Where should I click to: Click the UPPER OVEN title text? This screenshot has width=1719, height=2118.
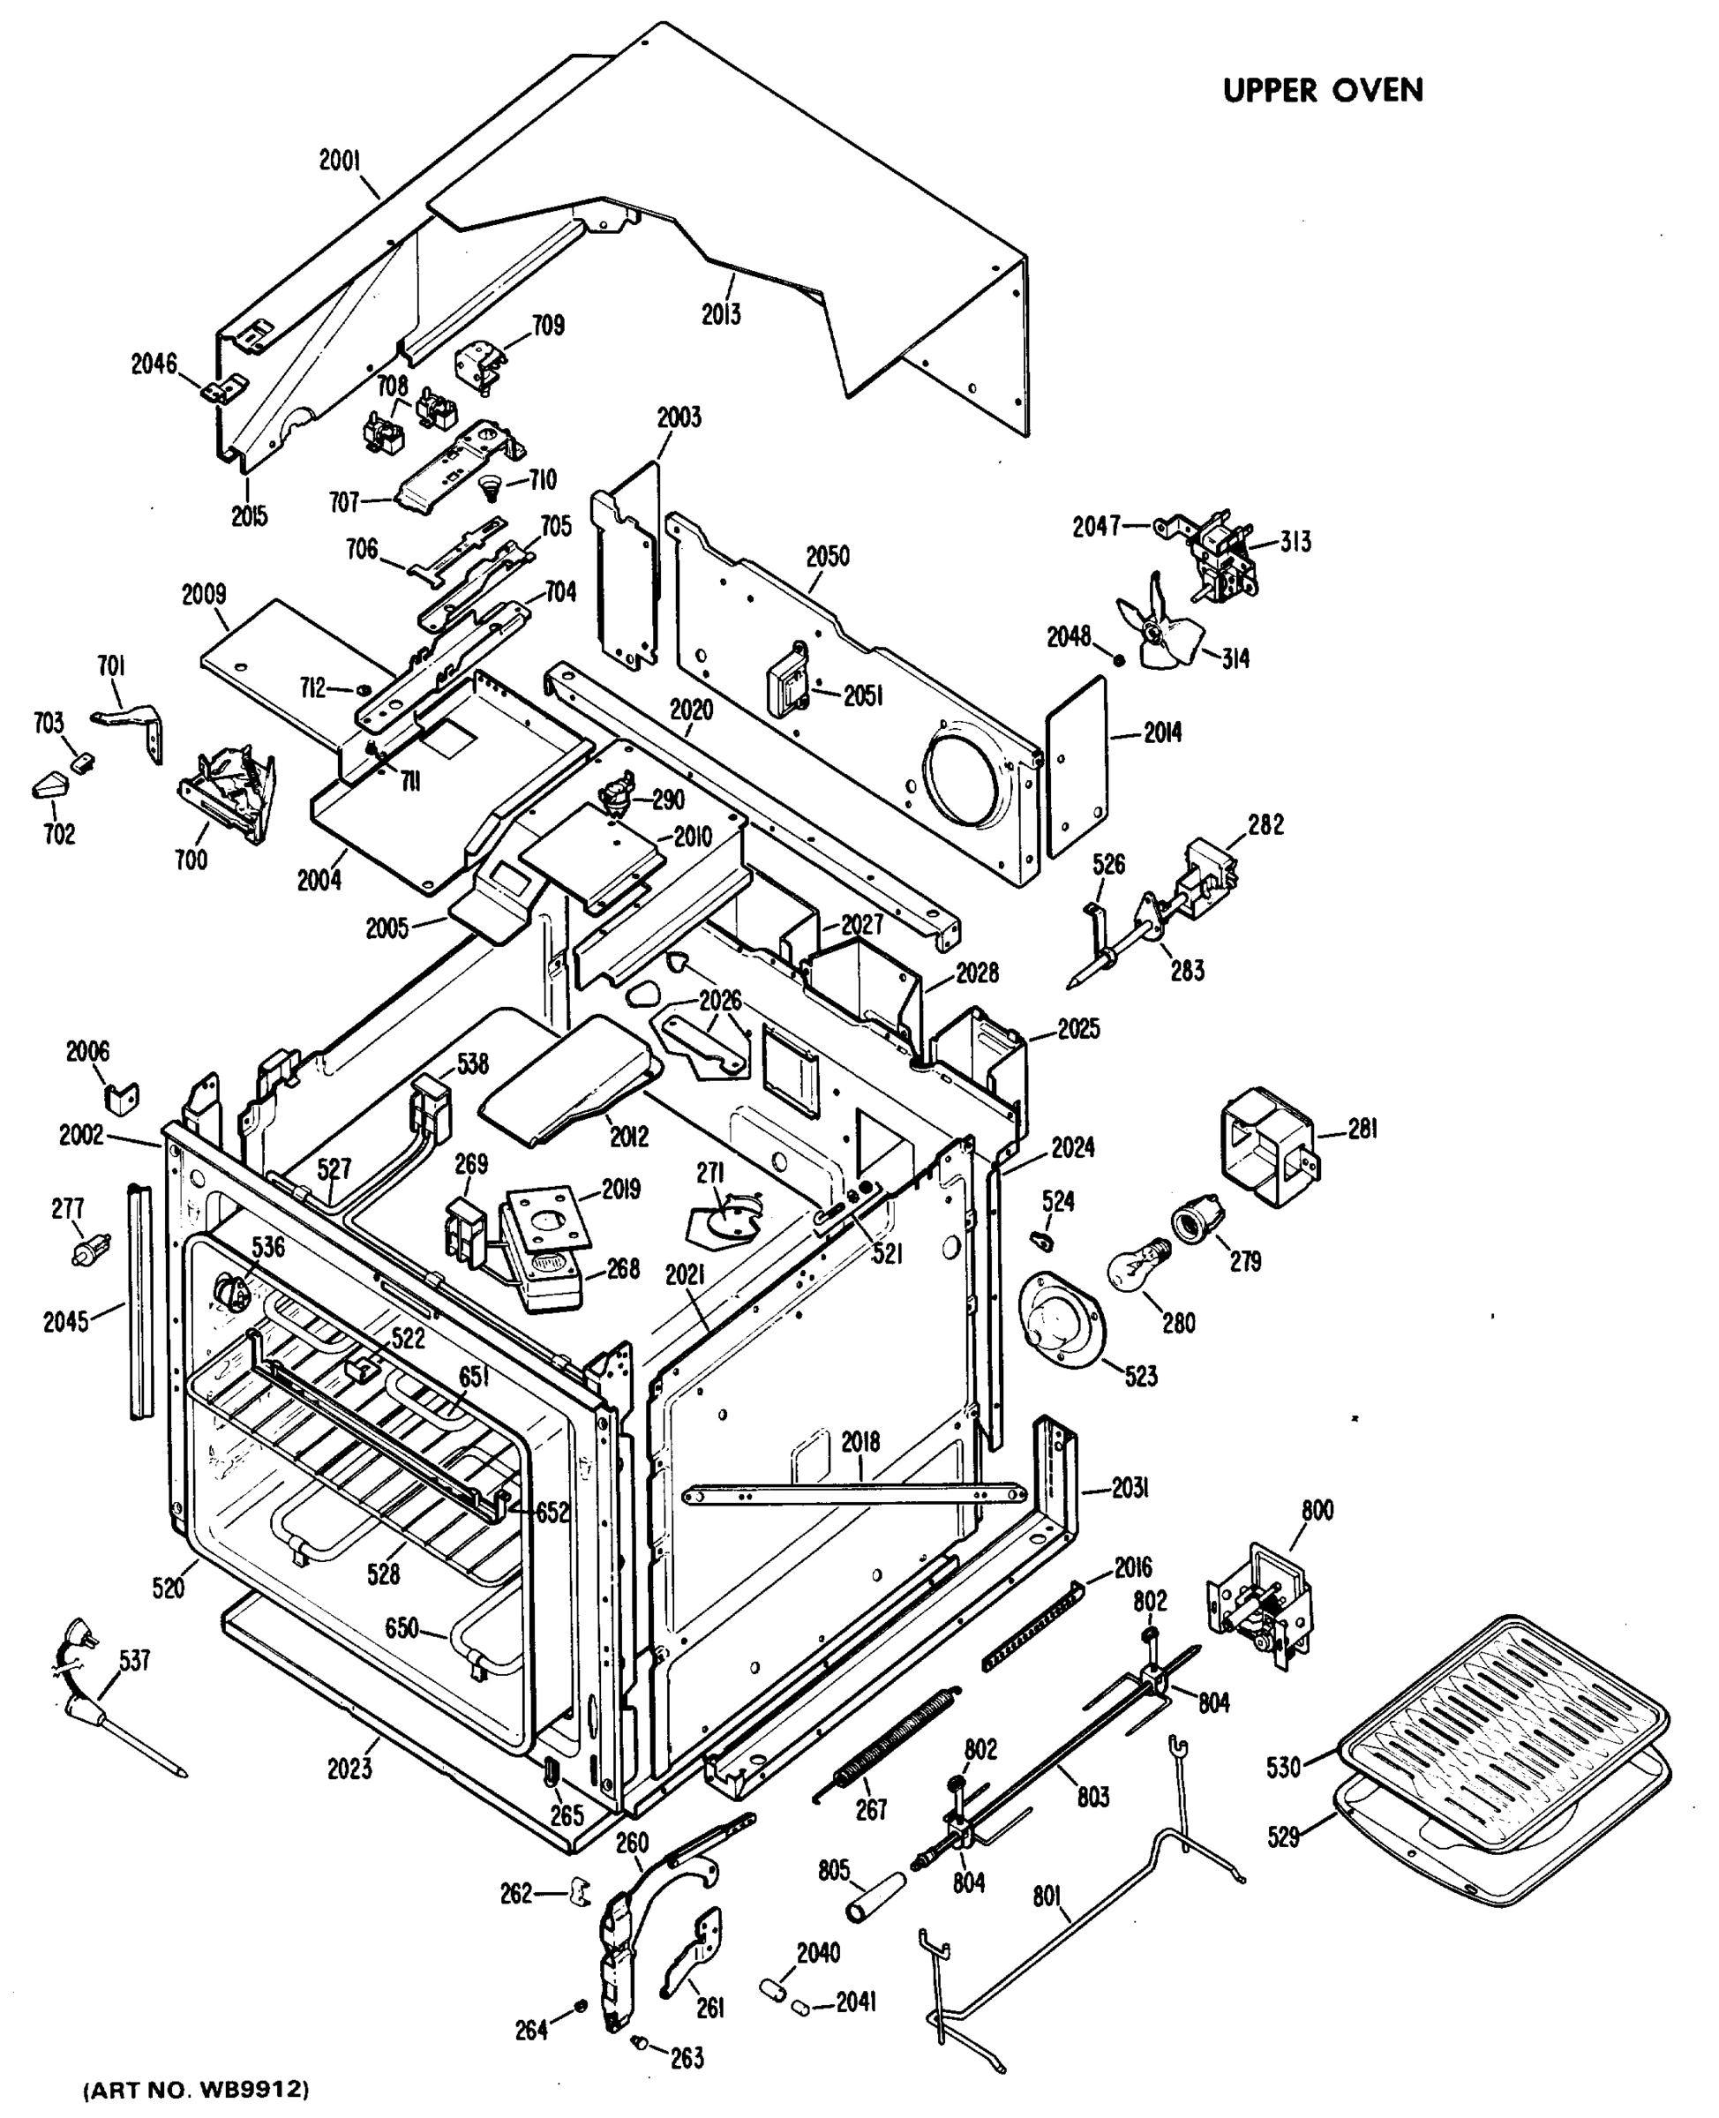pyautogui.click(x=1322, y=90)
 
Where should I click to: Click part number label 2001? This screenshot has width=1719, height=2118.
pyautogui.click(x=340, y=161)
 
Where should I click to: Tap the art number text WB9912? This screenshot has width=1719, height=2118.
pyautogui.click(x=195, y=2092)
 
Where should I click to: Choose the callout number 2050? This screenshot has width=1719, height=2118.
pyautogui.click(x=827, y=557)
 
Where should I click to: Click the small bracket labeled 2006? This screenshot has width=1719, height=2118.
pyautogui.click(x=122, y=1097)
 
